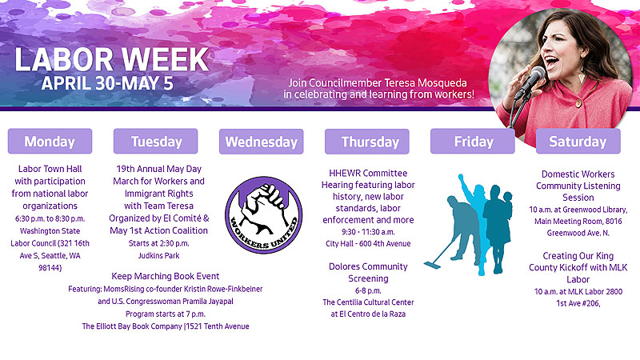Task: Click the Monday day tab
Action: pyautogui.click(x=50, y=142)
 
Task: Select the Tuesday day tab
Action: pyautogui.click(x=155, y=142)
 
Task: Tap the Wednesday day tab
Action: pyautogui.click(x=262, y=142)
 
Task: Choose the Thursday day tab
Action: pyautogui.click(x=367, y=142)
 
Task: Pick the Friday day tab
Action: pyautogui.click(x=473, y=142)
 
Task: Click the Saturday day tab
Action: pyautogui.click(x=578, y=142)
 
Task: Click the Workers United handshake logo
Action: pyautogui.click(x=264, y=214)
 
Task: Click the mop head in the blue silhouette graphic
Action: pyautogui.click(x=432, y=265)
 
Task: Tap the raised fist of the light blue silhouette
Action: pyautogui.click(x=462, y=178)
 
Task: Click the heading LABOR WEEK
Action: pyautogui.click(x=112, y=59)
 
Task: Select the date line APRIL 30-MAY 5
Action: pyautogui.click(x=107, y=83)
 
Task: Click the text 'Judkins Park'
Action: pyautogui.click(x=158, y=256)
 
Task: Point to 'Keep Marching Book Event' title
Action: pyautogui.click(x=166, y=276)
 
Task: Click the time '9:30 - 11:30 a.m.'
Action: pyautogui.click(x=368, y=232)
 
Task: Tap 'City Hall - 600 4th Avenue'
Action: pyautogui.click(x=368, y=244)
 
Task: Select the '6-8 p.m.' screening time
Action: pyautogui.click(x=368, y=290)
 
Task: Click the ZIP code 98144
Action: pyautogui.click(x=49, y=268)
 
